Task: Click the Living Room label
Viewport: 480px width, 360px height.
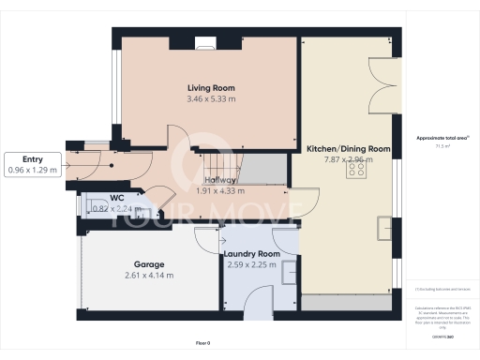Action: (209, 88)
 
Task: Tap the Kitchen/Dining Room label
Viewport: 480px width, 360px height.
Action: (348, 149)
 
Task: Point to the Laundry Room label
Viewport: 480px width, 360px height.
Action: (251, 254)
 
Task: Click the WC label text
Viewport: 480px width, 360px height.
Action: (117, 198)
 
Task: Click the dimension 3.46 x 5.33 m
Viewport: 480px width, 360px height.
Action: (209, 98)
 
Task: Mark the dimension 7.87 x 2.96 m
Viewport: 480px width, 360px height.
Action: (348, 159)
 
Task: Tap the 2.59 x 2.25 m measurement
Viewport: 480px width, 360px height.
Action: (251, 264)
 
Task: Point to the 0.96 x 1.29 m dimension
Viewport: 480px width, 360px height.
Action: (33, 171)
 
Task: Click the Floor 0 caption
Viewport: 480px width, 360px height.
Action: (203, 344)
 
